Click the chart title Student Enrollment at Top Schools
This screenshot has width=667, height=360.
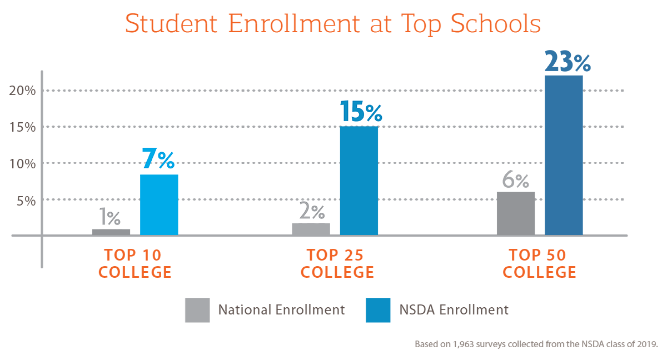pyautogui.click(x=332, y=25)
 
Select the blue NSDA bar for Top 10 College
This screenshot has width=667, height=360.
pyautogui.click(x=159, y=204)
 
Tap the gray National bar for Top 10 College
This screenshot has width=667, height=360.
pyautogui.click(x=111, y=232)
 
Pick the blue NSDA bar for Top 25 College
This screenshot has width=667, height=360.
pyautogui.click(x=359, y=181)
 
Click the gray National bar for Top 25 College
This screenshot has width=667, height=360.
pyautogui.click(x=311, y=229)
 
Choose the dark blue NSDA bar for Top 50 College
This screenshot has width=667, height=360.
pyautogui.click(x=564, y=155)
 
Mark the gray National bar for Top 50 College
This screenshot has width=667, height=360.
pyautogui.click(x=516, y=213)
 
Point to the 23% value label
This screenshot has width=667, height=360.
pyautogui.click(x=568, y=62)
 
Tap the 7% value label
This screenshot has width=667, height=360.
pyautogui.click(x=158, y=159)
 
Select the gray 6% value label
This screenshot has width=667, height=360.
pyautogui.click(x=516, y=181)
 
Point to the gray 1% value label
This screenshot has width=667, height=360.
pyautogui.click(x=110, y=217)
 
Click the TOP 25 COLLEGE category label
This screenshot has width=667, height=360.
pyautogui.click(x=335, y=264)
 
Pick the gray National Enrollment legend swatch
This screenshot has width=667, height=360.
pyautogui.click(x=197, y=310)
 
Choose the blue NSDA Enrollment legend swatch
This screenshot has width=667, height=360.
pyautogui.click(x=378, y=310)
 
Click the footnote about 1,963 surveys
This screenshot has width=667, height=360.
pyautogui.click(x=536, y=344)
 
